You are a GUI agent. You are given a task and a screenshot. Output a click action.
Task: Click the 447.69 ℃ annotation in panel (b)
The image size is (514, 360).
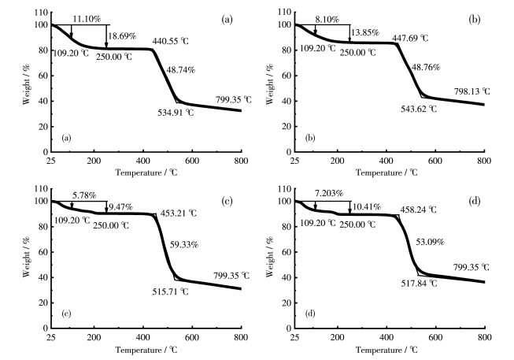click(x=420, y=37)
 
